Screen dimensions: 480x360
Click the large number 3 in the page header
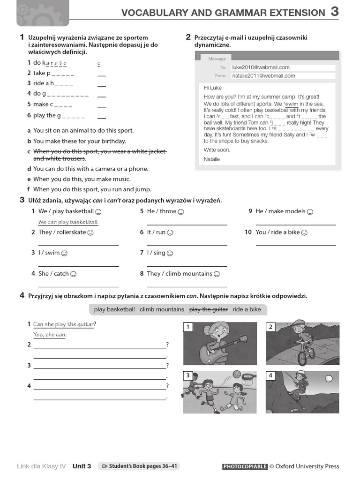pos(335,12)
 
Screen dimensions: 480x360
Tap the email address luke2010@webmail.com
pos(261,67)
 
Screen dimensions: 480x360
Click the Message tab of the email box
pos(217,59)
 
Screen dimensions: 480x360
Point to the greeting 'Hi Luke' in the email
pos(213,88)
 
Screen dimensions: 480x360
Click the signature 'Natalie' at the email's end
pos(211,159)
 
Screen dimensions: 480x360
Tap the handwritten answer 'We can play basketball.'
pos(68,222)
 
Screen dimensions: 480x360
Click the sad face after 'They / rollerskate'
pos(91,232)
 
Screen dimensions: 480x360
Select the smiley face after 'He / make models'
pos(309,211)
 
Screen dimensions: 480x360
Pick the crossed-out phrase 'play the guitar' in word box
pos(208,309)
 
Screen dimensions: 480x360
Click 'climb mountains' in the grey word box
pos(162,309)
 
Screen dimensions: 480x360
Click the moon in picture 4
pos(328,378)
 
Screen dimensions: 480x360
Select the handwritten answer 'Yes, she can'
pos(50,335)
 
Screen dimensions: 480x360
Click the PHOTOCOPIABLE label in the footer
pos(245,466)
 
